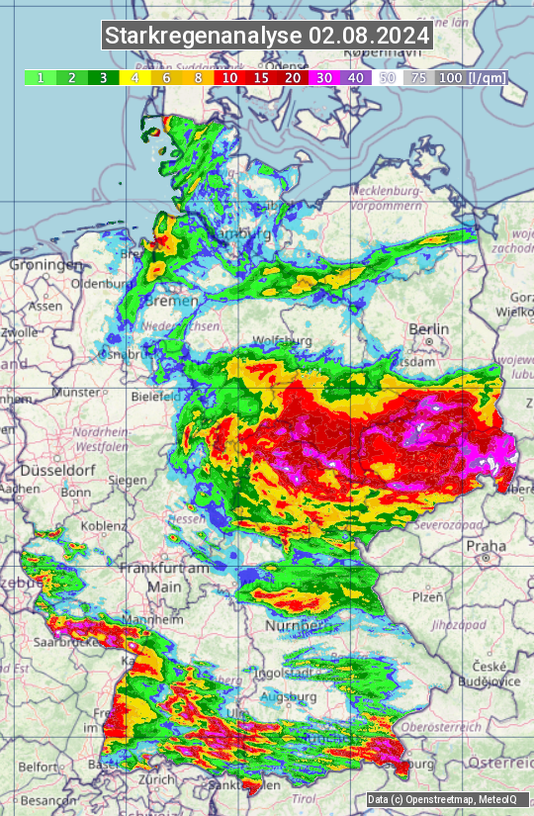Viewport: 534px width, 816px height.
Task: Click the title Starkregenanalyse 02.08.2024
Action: tap(267, 36)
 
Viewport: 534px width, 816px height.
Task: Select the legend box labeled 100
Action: tap(450, 77)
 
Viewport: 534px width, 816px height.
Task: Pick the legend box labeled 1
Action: tap(40, 77)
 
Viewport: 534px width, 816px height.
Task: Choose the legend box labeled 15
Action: tap(261, 77)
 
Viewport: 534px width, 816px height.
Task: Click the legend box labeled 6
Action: tap(166, 77)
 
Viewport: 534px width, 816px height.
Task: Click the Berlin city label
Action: tap(428, 329)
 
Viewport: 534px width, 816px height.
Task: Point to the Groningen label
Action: tap(45, 265)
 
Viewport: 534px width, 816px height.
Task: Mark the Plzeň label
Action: tap(426, 596)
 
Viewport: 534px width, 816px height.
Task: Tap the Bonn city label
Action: tap(75, 492)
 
